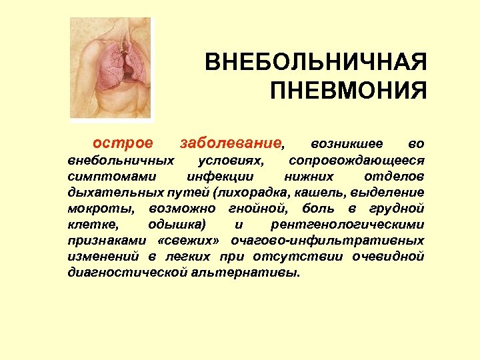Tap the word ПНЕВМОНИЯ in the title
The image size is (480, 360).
(348, 89)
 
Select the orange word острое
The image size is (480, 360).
(122, 143)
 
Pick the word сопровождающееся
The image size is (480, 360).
(357, 161)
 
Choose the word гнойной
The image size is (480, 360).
(255, 209)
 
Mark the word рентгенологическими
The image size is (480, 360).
(348, 225)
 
